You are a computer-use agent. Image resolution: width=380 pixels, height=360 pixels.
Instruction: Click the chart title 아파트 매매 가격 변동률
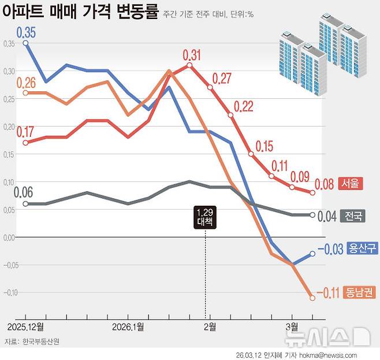[x=80, y=12]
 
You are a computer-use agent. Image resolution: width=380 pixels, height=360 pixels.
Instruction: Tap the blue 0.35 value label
[x=26, y=32]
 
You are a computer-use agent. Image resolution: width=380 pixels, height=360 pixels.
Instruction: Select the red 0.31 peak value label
[x=191, y=55]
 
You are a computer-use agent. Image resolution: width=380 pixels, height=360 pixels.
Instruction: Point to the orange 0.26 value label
[x=26, y=82]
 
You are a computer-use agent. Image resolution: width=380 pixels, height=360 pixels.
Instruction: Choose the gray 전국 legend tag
[x=353, y=216]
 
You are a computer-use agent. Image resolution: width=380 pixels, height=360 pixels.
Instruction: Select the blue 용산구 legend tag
[x=363, y=248]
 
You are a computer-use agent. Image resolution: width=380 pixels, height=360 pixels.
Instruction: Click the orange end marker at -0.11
[x=312, y=298]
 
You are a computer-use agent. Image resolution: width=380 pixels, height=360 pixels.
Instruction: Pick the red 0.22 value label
[x=243, y=106]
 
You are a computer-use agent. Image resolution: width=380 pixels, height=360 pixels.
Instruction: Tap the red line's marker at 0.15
[x=251, y=154]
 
